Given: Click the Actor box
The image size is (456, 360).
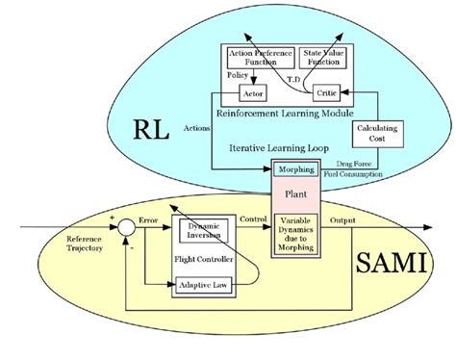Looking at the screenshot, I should tap(251, 92).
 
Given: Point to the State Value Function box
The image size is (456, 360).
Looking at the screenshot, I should tap(326, 56).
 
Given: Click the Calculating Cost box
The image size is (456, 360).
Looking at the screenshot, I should tap(377, 133).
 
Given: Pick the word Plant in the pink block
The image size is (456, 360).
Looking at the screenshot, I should tap(295, 191).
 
